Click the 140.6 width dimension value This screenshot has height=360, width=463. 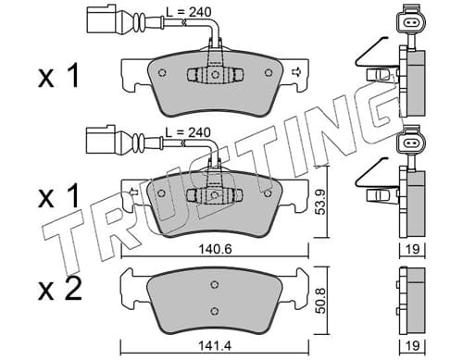[x=215, y=249]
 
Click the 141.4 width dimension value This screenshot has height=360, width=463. [x=215, y=346]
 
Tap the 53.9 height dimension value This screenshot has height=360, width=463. [x=321, y=202]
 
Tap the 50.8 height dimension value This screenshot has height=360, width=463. [x=321, y=301]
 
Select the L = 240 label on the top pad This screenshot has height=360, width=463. [x=189, y=12]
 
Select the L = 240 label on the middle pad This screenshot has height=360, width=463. [x=188, y=132]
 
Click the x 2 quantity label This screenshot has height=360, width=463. [x=59, y=290]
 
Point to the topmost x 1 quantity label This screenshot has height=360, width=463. [x=58, y=76]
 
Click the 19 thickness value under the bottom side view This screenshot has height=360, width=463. [x=413, y=346]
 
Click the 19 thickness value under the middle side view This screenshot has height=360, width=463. [x=413, y=249]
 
